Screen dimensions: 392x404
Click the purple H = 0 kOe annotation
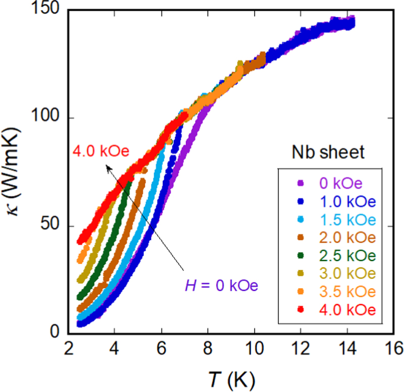[x=221, y=286]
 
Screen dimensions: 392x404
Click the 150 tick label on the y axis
[x=49, y=11]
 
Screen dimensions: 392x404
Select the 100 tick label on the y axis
[x=49, y=119]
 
